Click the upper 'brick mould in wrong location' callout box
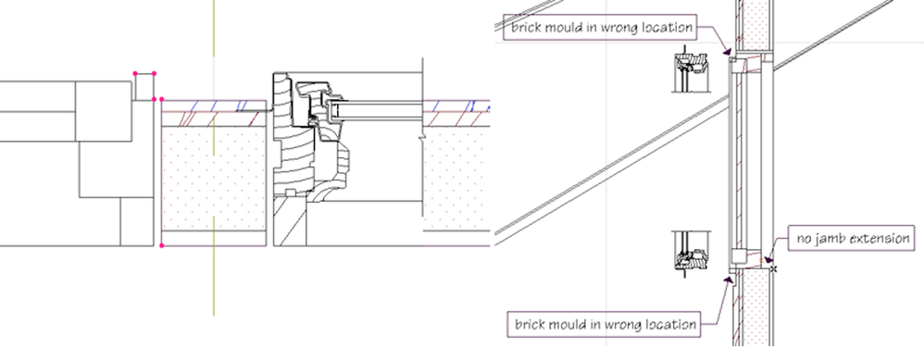[x=600, y=28]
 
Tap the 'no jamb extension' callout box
[x=854, y=240]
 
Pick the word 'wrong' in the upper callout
[x=609, y=28]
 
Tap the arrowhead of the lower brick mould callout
[x=730, y=277]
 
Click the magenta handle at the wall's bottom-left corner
[x=162, y=245]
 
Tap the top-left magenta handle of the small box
[x=136, y=72]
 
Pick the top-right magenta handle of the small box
[x=154, y=72]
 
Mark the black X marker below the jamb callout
[x=774, y=269]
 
